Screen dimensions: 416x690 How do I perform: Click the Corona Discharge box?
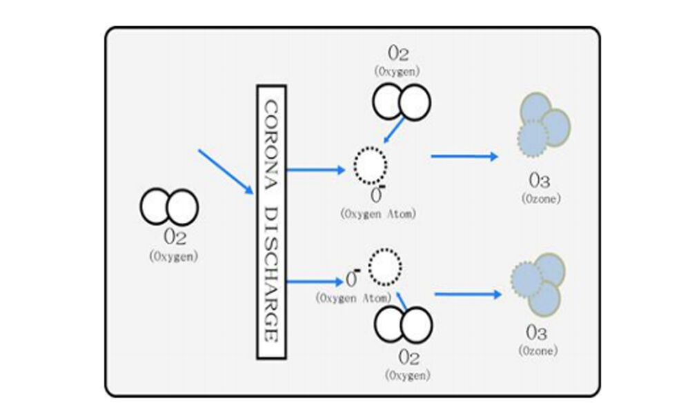click(271, 222)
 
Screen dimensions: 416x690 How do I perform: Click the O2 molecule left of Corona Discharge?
click(169, 207)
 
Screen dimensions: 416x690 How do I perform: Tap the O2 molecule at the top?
click(402, 102)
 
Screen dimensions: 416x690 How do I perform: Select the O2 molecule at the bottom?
click(403, 325)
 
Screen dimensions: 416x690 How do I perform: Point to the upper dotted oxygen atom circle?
click(371, 165)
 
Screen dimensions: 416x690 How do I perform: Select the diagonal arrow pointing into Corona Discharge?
click(226, 172)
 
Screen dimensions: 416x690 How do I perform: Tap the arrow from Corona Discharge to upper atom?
click(315, 169)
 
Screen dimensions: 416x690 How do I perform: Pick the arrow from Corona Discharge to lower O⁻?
click(314, 281)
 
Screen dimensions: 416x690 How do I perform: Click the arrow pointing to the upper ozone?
click(464, 157)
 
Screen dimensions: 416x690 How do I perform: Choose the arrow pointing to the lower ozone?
click(468, 295)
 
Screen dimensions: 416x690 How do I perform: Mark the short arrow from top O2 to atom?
click(395, 130)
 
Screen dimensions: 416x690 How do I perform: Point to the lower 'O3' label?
click(537, 333)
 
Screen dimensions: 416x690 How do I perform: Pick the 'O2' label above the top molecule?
click(398, 54)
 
